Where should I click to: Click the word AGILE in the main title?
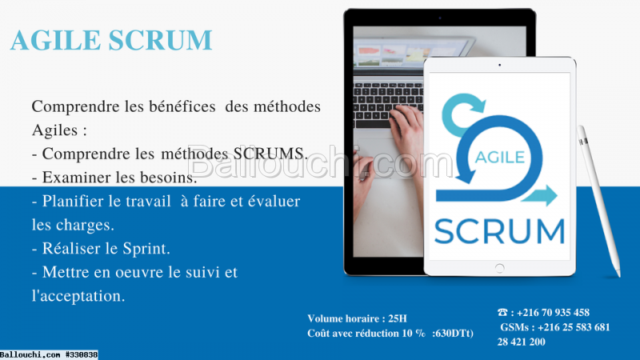pos(55,40)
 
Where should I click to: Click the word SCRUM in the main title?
pos(161,40)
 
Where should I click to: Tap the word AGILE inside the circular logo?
pos(500,157)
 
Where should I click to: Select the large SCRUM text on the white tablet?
pos(499,231)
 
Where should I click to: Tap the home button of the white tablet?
pos(499,268)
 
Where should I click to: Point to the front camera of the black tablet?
pos(439,18)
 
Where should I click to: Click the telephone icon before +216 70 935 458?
pos(502,312)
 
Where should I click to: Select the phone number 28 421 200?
pos(522,342)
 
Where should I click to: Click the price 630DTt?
pos(453,333)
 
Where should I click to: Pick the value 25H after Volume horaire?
pos(398,318)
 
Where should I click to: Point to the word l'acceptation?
pos(78,296)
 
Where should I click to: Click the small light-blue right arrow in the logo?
pos(539,195)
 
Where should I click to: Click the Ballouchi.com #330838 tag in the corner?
pos(49,354)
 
